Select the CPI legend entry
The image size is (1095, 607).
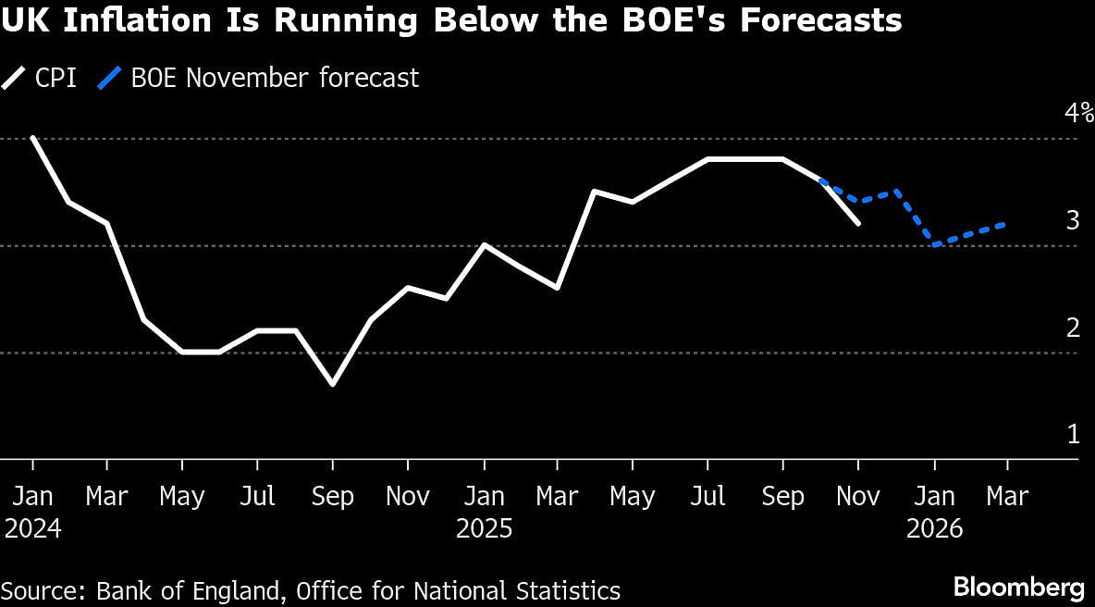(41, 78)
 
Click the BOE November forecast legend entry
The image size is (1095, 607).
(259, 78)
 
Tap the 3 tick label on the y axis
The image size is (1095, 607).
(1073, 220)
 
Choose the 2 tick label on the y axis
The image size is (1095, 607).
(1073, 328)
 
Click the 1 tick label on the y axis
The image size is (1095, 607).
(1073, 434)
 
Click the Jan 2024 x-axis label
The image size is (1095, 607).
(32, 512)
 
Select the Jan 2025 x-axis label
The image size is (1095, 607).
(484, 512)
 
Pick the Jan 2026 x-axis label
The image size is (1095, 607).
(934, 512)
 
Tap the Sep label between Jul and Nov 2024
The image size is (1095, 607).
(333, 497)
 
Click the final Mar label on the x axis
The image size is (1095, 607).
(1008, 497)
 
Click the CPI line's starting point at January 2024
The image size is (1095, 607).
(32, 138)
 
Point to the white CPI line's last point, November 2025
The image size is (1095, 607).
(859, 223)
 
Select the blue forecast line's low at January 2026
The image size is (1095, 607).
(934, 245)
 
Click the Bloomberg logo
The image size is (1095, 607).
(1018, 587)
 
